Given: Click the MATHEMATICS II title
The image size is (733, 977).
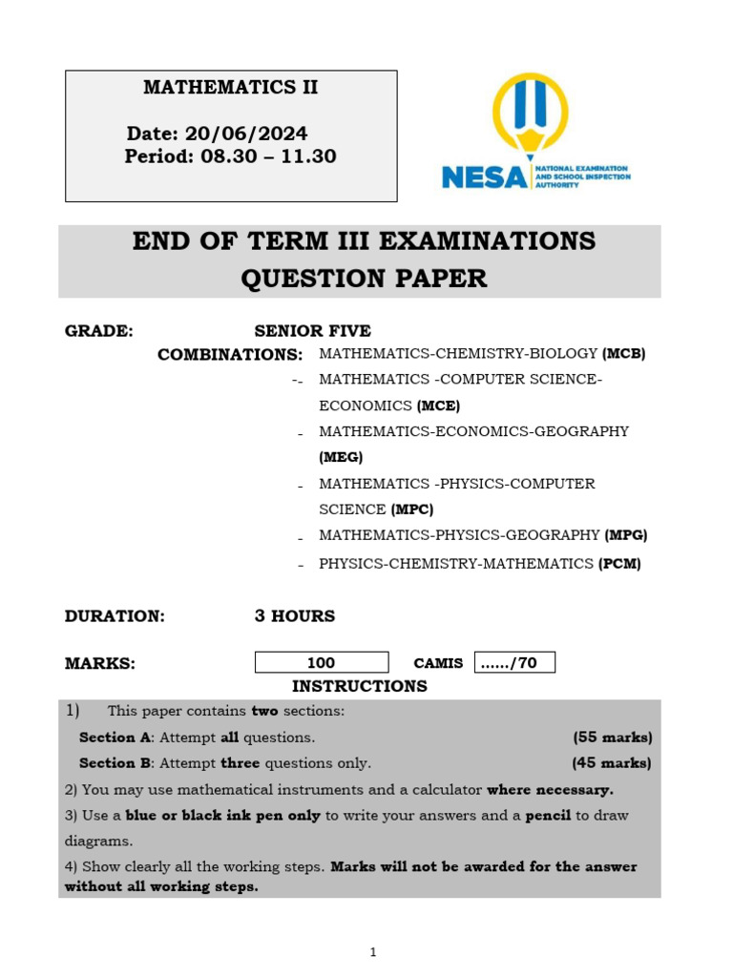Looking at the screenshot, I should [230, 88].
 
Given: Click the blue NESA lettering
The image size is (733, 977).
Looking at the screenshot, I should [484, 177].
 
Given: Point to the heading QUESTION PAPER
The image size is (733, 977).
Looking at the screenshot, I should [364, 279].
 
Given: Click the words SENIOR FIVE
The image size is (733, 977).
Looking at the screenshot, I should [312, 331].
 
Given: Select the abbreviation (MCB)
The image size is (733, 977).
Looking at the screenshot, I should [624, 353].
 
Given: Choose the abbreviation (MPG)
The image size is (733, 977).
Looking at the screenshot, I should [626, 535].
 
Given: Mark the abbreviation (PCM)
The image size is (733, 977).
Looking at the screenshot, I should [619, 564].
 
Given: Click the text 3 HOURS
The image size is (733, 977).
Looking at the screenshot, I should [294, 616].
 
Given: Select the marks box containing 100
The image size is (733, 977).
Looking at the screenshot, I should [322, 663].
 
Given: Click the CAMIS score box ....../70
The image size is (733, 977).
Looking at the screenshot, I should [513, 663].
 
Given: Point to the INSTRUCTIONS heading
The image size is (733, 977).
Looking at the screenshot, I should [359, 687].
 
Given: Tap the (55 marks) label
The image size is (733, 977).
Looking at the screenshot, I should [612, 738].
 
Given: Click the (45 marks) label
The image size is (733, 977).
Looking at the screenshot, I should [612, 763].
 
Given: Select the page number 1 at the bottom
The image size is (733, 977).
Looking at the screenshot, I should [373, 952].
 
